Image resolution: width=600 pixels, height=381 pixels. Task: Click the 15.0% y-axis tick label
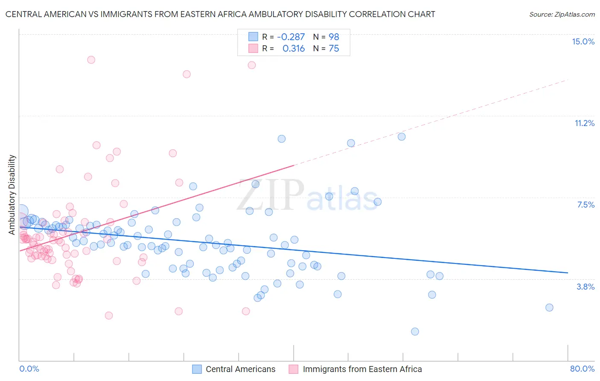click(583, 41)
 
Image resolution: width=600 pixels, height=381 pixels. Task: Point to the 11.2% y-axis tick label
click(584, 123)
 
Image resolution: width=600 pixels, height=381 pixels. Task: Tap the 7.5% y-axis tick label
click(585, 205)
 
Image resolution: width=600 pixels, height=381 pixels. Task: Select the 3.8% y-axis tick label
click(585, 287)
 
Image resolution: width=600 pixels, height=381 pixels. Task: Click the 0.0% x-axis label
click(29, 369)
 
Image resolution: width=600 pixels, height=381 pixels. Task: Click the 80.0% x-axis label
click(582, 369)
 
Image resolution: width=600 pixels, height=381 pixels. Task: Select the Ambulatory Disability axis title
click(12, 194)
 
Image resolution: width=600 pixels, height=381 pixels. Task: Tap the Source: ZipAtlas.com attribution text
click(562, 14)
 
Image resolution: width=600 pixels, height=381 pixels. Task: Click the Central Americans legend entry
click(240, 369)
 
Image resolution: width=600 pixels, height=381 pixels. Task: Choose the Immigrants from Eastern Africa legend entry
click(362, 369)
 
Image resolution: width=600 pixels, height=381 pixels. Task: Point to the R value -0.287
click(291, 37)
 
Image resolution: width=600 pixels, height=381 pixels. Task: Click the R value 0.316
click(294, 49)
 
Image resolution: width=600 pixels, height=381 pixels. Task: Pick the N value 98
click(334, 37)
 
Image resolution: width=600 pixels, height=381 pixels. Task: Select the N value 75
click(334, 49)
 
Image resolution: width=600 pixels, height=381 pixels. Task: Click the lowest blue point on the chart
click(415, 331)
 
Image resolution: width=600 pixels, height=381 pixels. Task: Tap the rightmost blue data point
click(549, 308)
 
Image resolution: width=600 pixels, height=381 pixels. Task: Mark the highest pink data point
click(91, 60)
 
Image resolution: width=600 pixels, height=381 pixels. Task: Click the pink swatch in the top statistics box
click(253, 49)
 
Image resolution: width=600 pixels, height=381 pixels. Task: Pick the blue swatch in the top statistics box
click(253, 37)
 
